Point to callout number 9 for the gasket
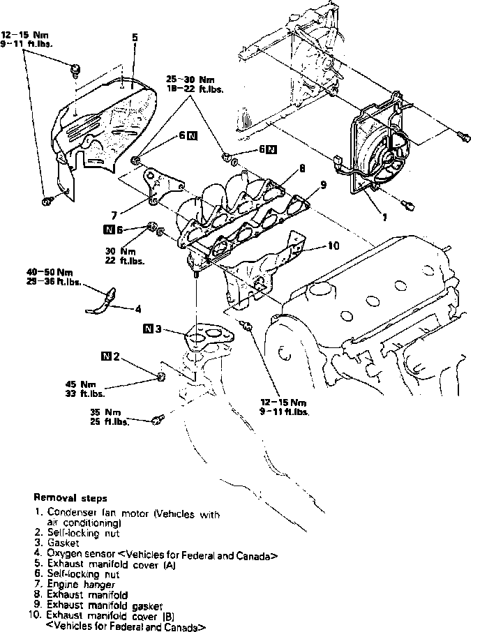point(323,186)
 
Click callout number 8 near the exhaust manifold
point(301,168)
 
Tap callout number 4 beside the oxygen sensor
point(138,307)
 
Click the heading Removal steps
point(70,499)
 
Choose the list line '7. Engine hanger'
point(75,584)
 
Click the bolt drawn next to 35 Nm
point(156,420)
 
